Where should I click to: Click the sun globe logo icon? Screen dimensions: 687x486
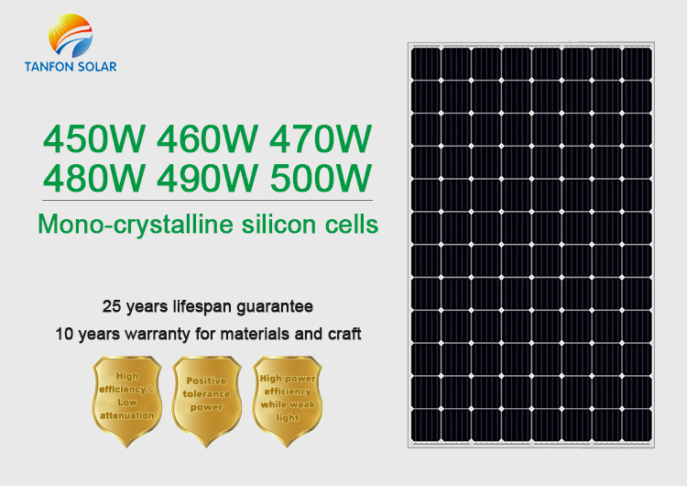[71, 36]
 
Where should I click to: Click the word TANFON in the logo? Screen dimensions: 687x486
[46, 67]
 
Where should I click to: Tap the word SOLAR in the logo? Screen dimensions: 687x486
[94, 67]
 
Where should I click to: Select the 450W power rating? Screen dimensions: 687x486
[93, 139]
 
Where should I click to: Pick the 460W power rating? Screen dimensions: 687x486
[207, 139]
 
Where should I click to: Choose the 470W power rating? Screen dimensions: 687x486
[321, 139]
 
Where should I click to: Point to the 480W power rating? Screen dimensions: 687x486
[93, 178]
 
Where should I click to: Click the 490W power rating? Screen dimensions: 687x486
[207, 178]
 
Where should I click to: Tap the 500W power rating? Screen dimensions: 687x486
[322, 178]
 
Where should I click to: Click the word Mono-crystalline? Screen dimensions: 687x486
[136, 225]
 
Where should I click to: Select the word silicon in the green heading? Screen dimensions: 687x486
[278, 224]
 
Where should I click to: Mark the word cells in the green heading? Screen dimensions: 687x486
[352, 224]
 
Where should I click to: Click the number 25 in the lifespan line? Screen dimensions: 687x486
[112, 306]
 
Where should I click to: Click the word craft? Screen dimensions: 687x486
[344, 334]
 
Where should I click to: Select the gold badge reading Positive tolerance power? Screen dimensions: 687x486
[206, 401]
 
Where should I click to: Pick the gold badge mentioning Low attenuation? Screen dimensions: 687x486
[127, 401]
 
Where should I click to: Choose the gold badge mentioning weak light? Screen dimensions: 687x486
[287, 401]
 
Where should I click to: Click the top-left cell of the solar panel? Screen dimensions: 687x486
[426, 63]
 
